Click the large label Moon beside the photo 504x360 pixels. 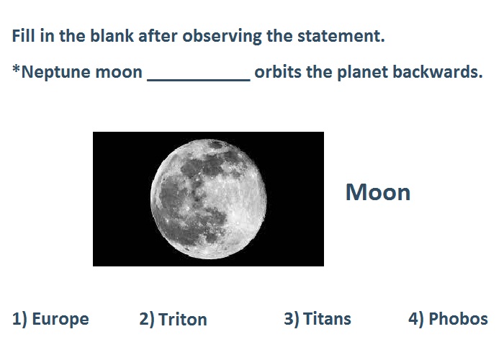pyautogui.click(x=378, y=192)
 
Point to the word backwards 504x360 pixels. pyautogui.click(x=437, y=71)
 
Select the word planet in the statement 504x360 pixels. pyautogui.click(x=363, y=73)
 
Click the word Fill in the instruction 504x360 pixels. pyautogui.click(x=23, y=35)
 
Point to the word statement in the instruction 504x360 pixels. pyautogui.click(x=341, y=35)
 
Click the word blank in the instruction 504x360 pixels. pyautogui.click(x=112, y=35)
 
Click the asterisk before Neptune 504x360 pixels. pyautogui.click(x=16, y=68)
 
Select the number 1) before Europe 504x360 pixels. pyautogui.click(x=20, y=319)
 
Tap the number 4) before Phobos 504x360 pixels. pyautogui.click(x=416, y=319)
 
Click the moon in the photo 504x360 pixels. pyautogui.click(x=208, y=199)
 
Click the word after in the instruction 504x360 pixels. pyautogui.click(x=158, y=35)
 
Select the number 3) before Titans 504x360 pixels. pyautogui.click(x=291, y=319)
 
